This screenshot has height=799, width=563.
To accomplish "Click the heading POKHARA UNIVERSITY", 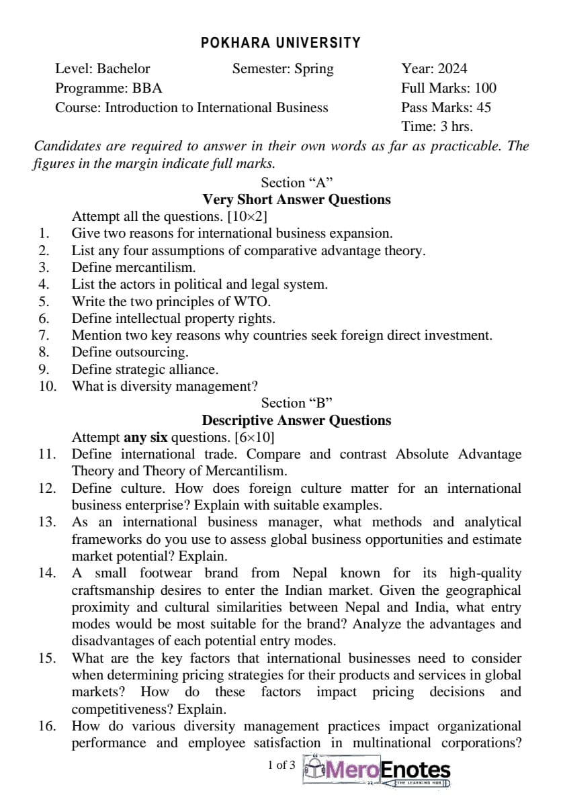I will point(281,43).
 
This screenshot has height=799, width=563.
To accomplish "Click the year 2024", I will point(453,68).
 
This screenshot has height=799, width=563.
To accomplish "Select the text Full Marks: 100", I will point(449,88).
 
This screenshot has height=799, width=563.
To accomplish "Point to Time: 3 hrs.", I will point(437,126).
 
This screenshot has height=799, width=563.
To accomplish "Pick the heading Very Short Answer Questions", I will point(296,199).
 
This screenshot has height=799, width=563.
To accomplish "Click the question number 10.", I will point(47,386).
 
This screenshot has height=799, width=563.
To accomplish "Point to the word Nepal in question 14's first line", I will point(310,573).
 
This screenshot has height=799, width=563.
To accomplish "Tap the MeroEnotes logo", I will point(378,770).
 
